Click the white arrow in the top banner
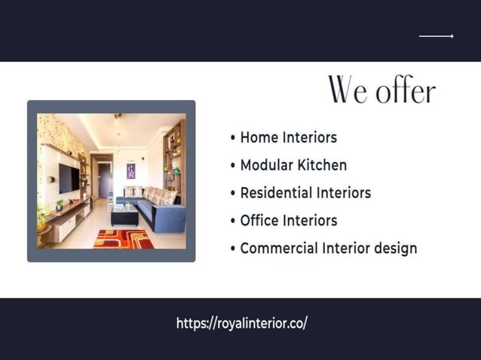(x=436, y=35)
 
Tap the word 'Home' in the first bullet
(x=259, y=137)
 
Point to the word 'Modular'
(x=265, y=165)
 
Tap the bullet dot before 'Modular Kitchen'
(x=233, y=166)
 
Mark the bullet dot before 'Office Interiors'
(x=233, y=221)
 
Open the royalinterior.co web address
(x=242, y=323)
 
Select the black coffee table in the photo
(x=124, y=215)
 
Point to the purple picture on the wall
(x=130, y=171)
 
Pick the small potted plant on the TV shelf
(x=59, y=205)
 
